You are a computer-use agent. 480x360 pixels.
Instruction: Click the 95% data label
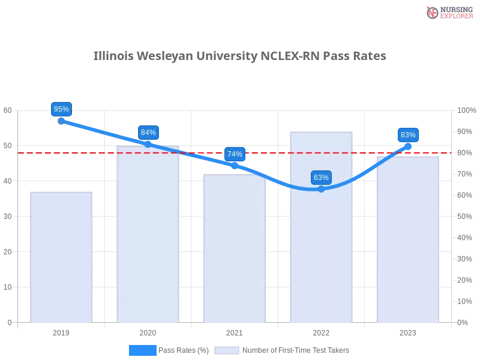61,109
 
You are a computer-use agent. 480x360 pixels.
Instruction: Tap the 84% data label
148,133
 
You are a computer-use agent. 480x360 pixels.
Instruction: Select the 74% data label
235,154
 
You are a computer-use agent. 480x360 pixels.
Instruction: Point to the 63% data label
321,178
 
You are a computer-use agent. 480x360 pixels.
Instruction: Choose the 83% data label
408,135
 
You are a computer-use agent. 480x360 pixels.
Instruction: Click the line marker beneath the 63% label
321,189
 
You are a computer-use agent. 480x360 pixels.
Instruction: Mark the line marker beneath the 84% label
148,144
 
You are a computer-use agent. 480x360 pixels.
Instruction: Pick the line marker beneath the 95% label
61,121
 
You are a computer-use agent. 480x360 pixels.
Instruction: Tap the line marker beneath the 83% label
408,146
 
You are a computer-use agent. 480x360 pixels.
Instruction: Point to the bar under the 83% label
408,240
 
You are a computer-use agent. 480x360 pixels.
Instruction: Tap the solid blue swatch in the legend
142,350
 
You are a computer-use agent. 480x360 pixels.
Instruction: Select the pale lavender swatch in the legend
227,350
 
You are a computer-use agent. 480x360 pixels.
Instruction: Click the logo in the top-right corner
448,12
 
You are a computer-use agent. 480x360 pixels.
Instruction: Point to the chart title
240,56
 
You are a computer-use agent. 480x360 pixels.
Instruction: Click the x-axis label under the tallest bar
321,331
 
